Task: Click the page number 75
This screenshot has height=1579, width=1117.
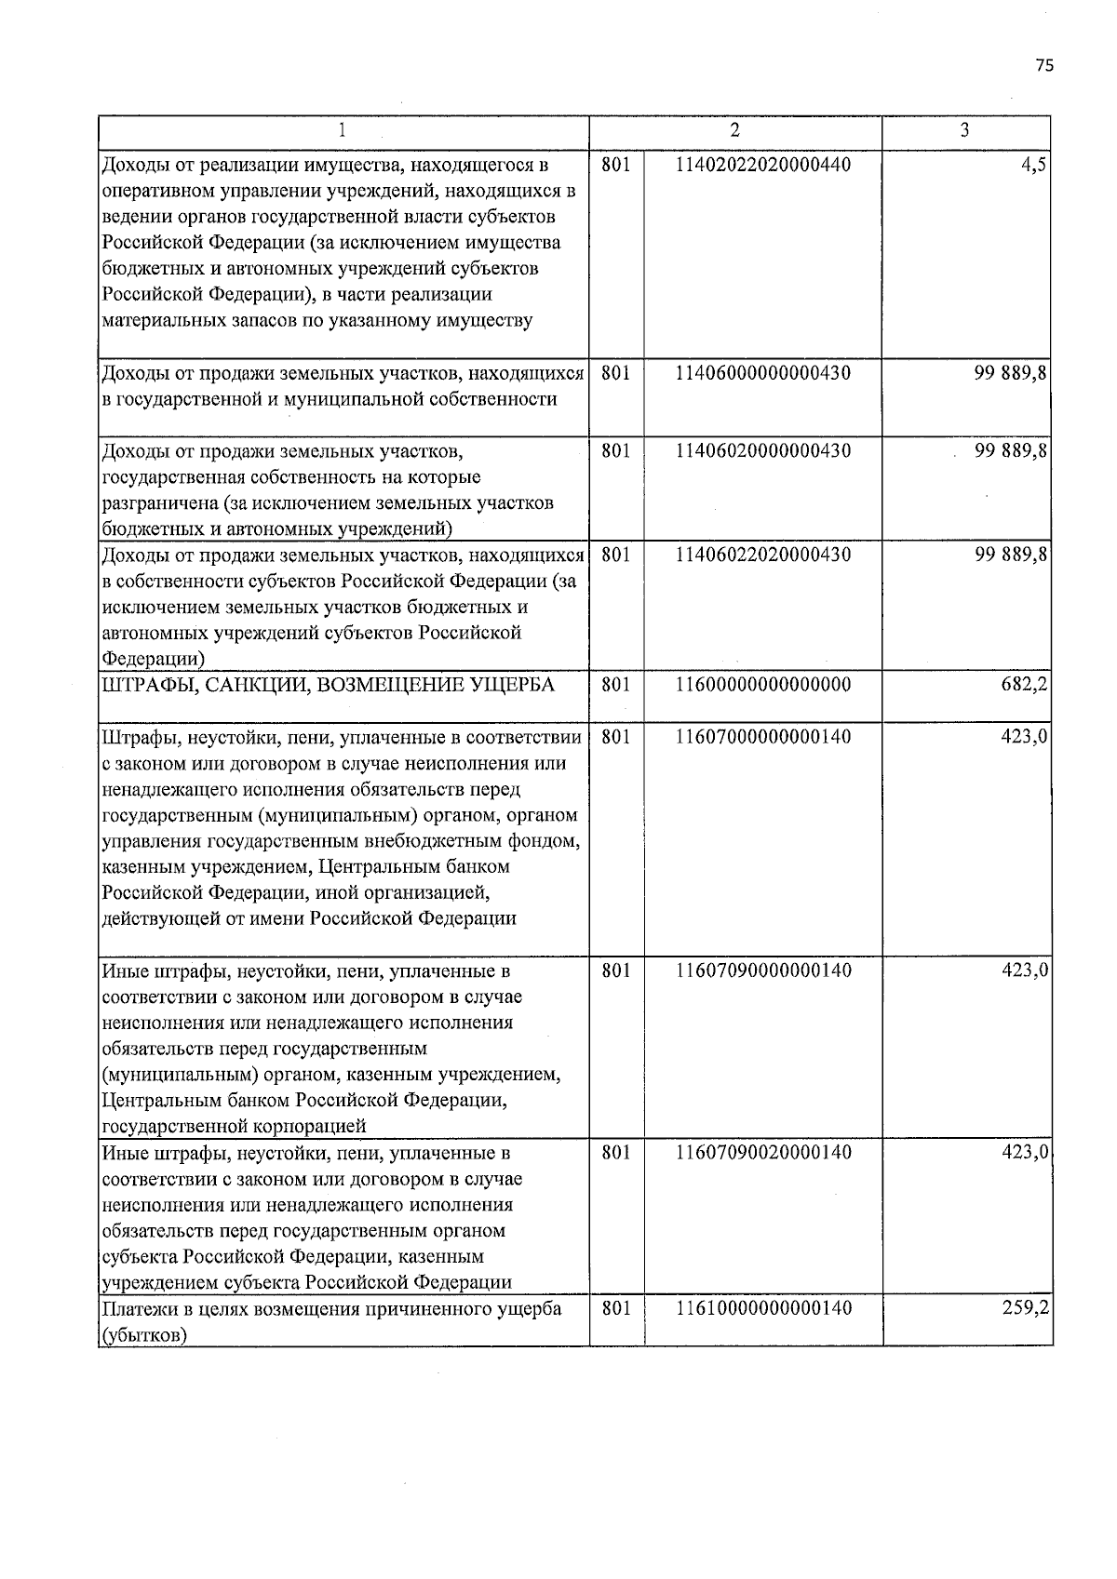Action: click(1043, 65)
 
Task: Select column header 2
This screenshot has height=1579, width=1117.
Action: click(735, 130)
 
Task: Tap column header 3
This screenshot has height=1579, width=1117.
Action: click(965, 130)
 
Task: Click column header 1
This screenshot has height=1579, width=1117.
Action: click(343, 130)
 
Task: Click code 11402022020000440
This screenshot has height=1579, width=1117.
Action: click(763, 165)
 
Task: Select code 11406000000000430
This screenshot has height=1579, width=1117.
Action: click(763, 373)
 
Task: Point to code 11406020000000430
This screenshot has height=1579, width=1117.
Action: click(763, 451)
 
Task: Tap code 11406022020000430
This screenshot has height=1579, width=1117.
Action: click(763, 555)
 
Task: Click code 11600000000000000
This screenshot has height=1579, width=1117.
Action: click(763, 685)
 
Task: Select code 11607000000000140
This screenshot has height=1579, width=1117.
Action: click(763, 737)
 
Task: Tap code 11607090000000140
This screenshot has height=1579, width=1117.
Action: click(763, 970)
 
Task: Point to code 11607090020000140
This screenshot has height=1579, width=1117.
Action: click(763, 1153)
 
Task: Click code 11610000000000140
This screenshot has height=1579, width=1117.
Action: click(763, 1308)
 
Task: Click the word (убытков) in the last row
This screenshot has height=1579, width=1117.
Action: click(143, 1335)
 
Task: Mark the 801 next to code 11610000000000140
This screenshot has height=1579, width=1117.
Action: click(616, 1308)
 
